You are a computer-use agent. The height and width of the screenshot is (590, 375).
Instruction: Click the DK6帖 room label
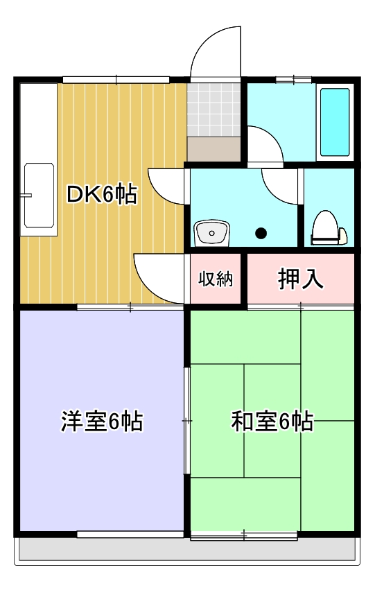102,194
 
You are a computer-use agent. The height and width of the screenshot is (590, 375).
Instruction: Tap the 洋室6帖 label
102,421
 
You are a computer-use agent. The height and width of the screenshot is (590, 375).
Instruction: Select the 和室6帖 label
272,421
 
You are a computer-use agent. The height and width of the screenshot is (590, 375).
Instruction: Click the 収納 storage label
216,279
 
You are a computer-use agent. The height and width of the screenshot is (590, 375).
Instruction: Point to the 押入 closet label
301,279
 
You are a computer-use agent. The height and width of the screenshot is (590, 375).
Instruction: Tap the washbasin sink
211,233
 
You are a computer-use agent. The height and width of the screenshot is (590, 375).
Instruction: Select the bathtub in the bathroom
335,122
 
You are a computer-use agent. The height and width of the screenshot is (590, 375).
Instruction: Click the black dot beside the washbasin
261,233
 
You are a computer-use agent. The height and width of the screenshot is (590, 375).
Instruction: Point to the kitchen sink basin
39,196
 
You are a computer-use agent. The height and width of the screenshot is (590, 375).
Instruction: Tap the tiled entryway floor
213,110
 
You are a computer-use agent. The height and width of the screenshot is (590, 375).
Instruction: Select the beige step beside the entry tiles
213,149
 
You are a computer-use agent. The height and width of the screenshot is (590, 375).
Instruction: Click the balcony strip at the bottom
187,551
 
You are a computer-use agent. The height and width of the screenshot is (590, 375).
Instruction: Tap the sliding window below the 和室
244,535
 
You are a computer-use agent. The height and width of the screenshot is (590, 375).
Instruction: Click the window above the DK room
116,80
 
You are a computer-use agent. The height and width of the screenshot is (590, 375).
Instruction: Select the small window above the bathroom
293,80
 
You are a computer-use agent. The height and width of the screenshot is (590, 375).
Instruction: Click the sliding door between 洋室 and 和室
186,420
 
